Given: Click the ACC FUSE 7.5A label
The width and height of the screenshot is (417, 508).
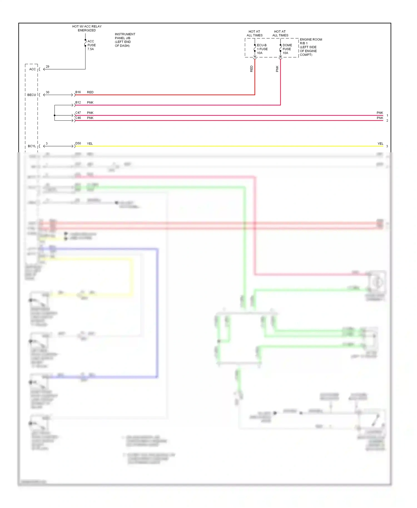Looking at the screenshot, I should [91, 45].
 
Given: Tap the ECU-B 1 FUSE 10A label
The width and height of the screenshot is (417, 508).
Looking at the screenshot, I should [262, 49].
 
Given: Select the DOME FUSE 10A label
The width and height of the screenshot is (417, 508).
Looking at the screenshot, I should [287, 49].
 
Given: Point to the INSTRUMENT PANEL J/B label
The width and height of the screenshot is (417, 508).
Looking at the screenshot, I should [125, 40].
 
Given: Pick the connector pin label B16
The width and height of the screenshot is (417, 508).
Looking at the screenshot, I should [78, 92].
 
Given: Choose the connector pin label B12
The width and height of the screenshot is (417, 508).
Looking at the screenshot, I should [78, 103].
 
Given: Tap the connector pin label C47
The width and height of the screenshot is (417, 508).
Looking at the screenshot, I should [78, 113].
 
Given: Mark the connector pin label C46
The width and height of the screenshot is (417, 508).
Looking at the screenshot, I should [78, 118].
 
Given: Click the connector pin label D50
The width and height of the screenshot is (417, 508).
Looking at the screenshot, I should [78, 144].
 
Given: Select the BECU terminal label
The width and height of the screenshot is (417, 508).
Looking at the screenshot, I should [32, 95].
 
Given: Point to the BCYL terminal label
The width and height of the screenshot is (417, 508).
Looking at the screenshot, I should [32, 146].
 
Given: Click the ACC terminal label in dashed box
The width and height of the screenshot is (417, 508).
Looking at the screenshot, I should [33, 69].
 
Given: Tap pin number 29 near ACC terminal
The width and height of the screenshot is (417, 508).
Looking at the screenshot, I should [48, 67].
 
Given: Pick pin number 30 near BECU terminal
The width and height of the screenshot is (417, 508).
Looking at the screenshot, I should [48, 92].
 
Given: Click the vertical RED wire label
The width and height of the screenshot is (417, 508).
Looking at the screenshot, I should [252, 69].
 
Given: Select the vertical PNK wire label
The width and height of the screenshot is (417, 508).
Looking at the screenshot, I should [277, 69].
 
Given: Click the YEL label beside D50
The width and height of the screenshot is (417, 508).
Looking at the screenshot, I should [90, 144].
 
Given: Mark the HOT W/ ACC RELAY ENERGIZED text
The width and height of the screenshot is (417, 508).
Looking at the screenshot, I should [87, 28].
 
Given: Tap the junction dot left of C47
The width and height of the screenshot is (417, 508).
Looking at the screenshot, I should [54, 115].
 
